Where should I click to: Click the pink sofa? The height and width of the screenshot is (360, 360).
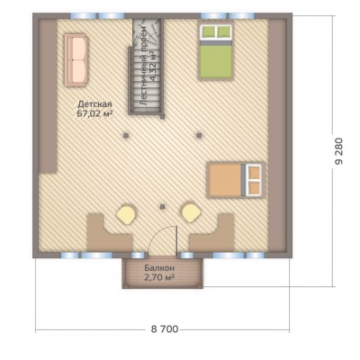pyautogui.click(x=76, y=60)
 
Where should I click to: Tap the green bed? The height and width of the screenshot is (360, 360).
pyautogui.click(x=215, y=50)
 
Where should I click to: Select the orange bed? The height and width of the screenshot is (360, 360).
pyautogui.click(x=236, y=180)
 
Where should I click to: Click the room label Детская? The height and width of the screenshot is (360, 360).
pyautogui.click(x=95, y=104)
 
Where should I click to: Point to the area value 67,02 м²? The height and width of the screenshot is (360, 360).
pyautogui.click(x=95, y=113)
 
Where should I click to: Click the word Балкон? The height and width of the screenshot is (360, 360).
pyautogui.click(x=159, y=267)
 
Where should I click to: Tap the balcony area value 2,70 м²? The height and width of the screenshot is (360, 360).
pyautogui.click(x=159, y=277)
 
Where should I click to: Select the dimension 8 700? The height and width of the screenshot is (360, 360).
pyautogui.click(x=164, y=329)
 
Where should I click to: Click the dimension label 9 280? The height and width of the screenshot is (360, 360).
pyautogui.click(x=338, y=151)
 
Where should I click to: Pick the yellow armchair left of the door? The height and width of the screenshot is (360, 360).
pyautogui.click(x=126, y=213)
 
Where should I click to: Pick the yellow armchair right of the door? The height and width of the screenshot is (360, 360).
pyautogui.click(x=191, y=213)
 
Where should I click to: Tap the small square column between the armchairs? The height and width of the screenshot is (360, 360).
pyautogui.click(x=163, y=206)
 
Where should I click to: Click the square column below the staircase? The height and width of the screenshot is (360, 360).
pyautogui.click(x=126, y=135)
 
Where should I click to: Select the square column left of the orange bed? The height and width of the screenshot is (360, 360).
pyautogui.click(x=199, y=135)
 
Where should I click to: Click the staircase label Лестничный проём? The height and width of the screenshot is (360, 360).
pyautogui.click(x=143, y=66)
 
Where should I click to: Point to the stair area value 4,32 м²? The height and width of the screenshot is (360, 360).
pyautogui.click(x=154, y=67)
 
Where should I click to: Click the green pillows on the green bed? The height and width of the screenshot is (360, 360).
pyautogui.click(x=216, y=31)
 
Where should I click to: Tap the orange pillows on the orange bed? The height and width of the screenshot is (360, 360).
pyautogui.click(x=254, y=180)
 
